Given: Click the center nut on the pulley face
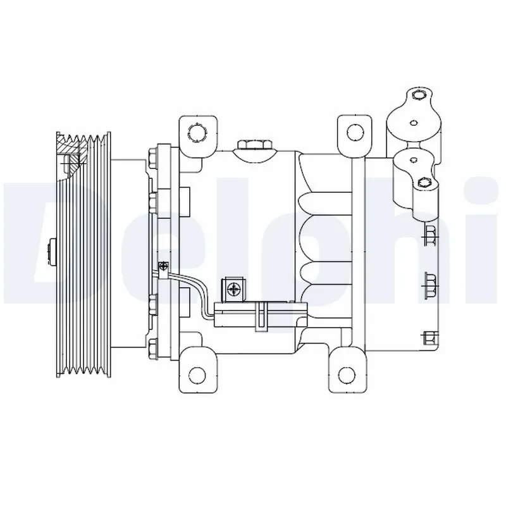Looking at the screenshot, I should (x=52, y=250).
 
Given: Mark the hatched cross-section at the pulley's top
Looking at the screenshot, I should (x=71, y=157).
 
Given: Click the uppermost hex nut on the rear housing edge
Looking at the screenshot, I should (x=430, y=235).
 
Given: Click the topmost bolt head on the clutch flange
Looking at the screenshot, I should (x=152, y=156).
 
